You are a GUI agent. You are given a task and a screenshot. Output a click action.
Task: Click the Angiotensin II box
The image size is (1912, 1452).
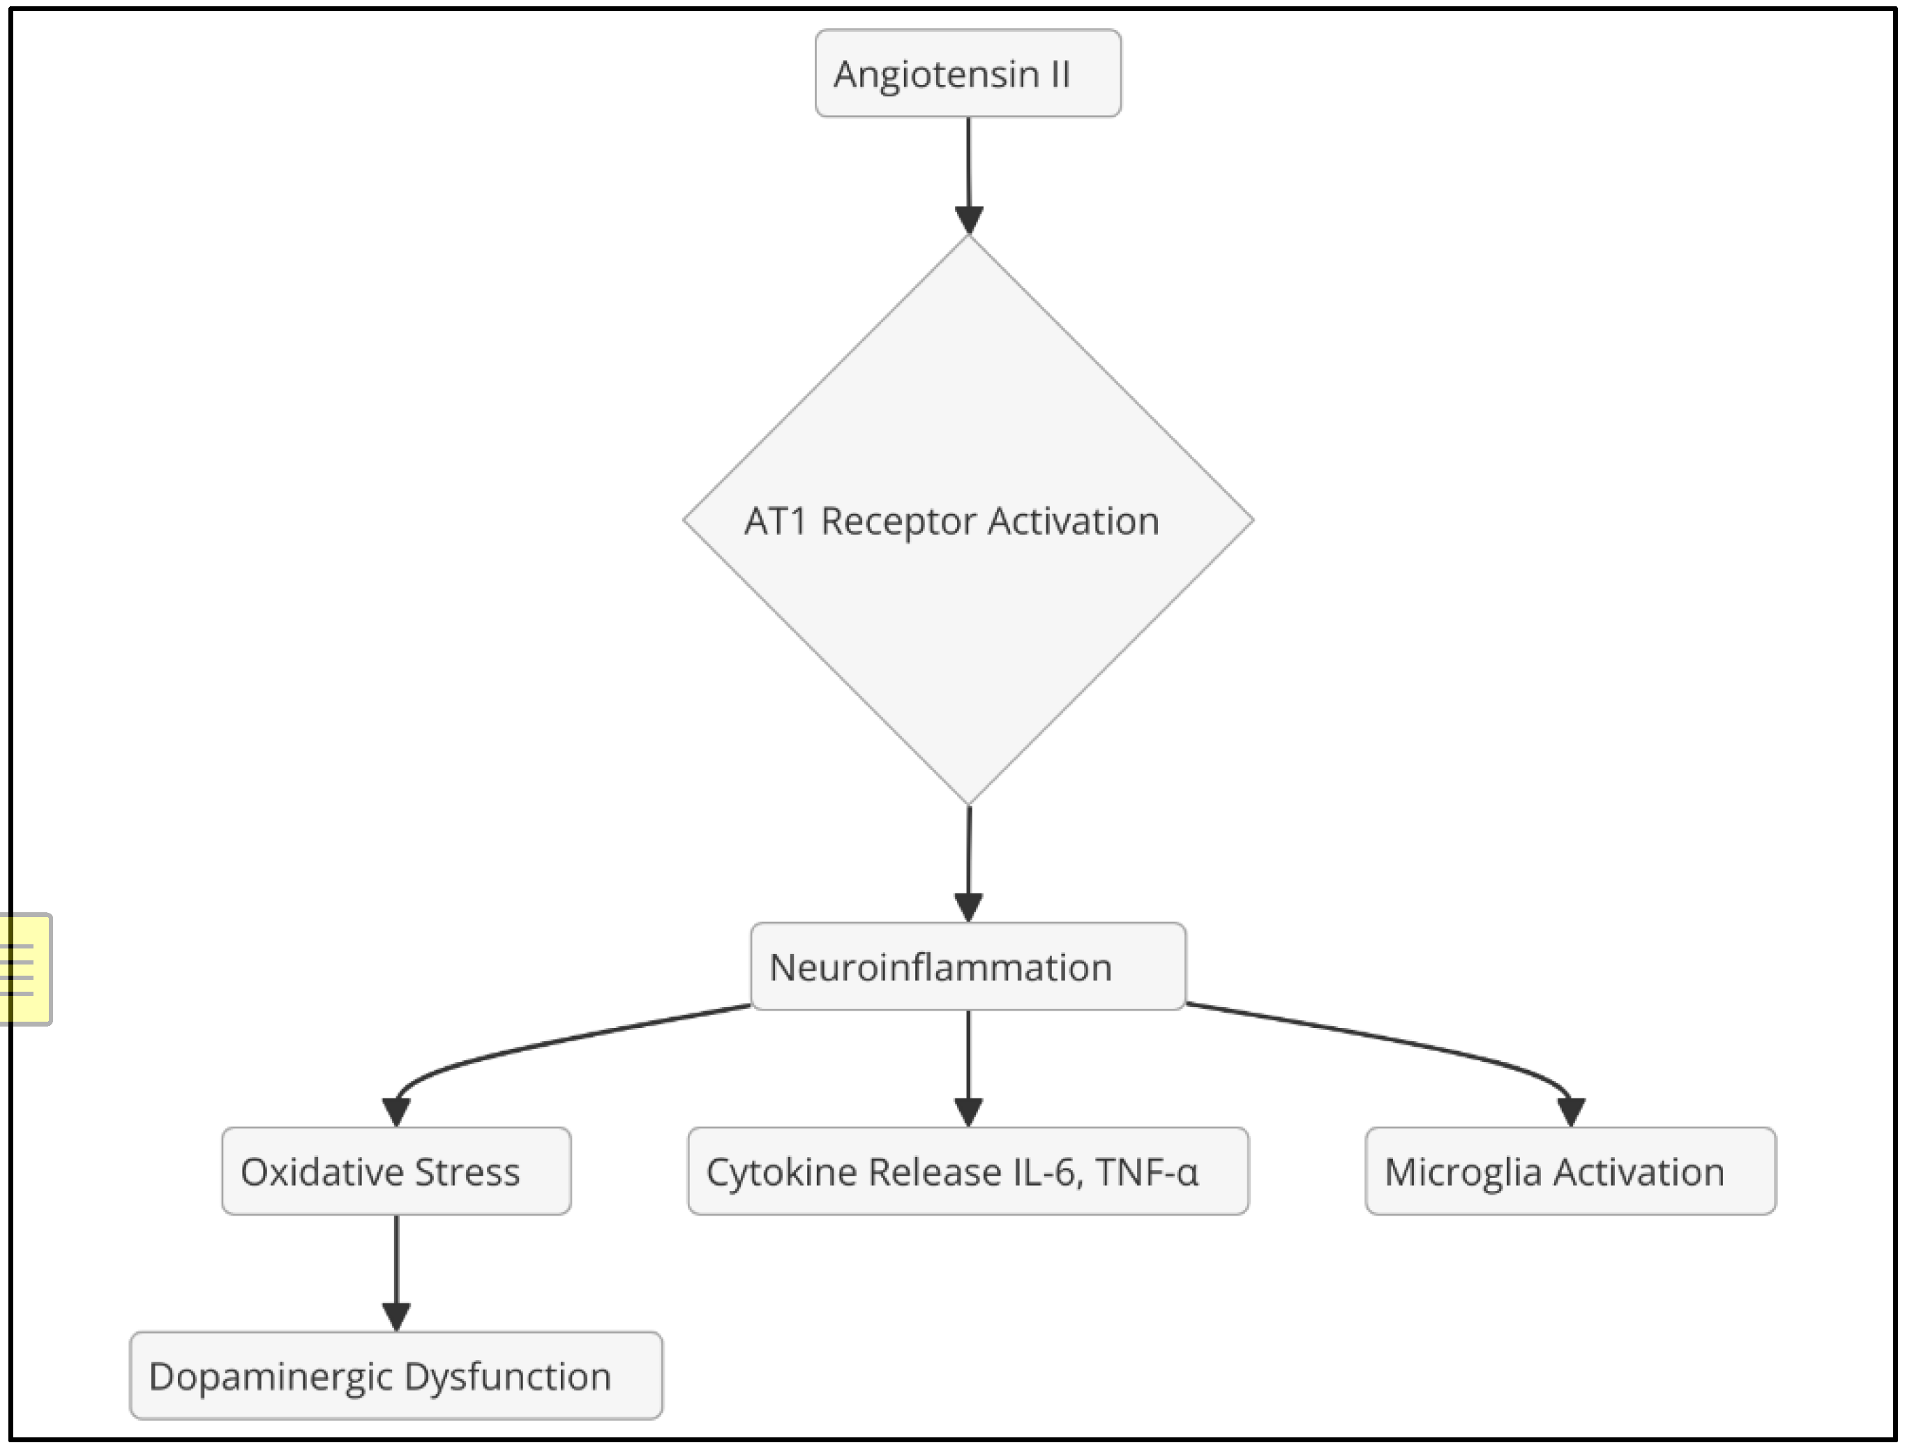[968, 73]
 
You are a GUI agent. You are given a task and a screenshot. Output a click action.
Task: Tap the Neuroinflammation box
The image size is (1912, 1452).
[968, 967]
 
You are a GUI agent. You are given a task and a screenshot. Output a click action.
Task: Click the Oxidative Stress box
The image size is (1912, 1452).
[396, 1172]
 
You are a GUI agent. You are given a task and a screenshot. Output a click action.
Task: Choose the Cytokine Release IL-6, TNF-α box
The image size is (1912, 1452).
[968, 1172]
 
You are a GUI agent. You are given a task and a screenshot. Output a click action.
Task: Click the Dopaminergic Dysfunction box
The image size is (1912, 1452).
[396, 1377]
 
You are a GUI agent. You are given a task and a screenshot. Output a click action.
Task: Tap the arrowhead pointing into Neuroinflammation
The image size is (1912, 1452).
[968, 907]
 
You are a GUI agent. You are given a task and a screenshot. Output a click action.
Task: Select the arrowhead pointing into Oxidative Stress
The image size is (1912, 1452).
[396, 1112]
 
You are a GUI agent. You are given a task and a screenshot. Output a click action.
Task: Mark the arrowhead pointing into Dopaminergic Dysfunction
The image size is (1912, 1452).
[396, 1316]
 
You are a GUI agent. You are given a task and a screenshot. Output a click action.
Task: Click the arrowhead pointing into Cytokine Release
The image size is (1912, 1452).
[968, 1112]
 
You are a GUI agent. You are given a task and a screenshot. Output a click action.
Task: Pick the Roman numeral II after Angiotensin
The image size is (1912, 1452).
[1060, 75]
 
